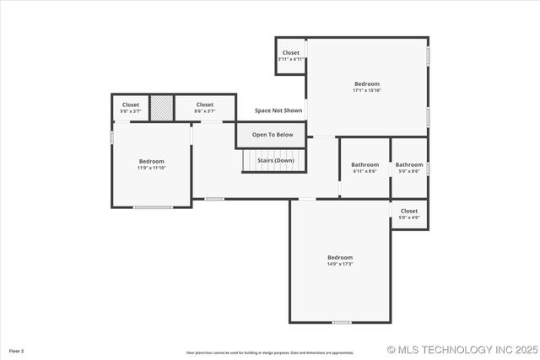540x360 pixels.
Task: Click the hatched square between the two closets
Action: pyautogui.click(x=161, y=107)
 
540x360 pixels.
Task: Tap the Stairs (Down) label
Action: pyautogui.click(x=275, y=160)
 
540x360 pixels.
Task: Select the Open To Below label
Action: pyautogui.click(x=273, y=135)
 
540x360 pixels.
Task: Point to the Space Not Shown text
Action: pyautogui.click(x=278, y=110)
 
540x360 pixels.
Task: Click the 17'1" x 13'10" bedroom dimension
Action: pyautogui.click(x=367, y=90)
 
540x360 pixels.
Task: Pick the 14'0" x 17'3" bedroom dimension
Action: pyautogui.click(x=340, y=264)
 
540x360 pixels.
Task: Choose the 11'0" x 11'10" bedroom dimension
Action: pyautogui.click(x=152, y=168)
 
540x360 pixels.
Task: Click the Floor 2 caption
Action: pyautogui.click(x=17, y=350)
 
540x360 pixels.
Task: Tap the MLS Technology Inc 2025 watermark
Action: pyautogui.click(x=461, y=349)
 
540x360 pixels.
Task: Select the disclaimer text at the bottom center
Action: pyautogui.click(x=270, y=352)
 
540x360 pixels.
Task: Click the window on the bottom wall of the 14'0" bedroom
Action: pyautogui.click(x=341, y=322)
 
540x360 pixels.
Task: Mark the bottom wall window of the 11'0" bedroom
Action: pyautogui.click(x=153, y=207)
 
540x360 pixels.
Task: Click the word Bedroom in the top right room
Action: pyautogui.click(x=367, y=83)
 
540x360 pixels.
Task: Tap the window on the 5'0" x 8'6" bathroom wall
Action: pyautogui.click(x=428, y=168)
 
